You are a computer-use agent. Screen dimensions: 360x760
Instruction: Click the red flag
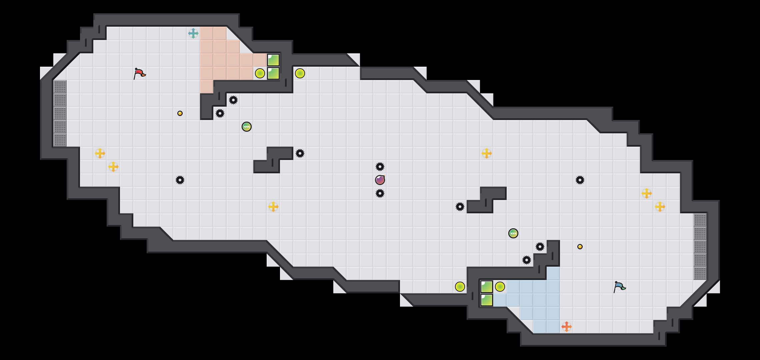139,73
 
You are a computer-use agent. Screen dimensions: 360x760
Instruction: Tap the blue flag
619,287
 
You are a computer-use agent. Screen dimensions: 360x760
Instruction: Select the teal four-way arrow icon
193,33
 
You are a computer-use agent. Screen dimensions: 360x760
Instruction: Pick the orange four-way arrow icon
567,327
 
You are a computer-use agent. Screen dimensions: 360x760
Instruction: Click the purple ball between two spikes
380,180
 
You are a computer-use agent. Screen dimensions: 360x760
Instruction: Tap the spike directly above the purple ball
380,167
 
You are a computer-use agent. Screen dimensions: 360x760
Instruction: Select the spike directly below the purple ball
380,193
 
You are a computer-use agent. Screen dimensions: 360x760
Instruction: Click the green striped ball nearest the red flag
247,127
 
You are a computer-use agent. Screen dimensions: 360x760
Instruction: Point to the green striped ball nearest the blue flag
513,233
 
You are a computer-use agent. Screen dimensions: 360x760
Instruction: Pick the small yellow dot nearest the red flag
180,113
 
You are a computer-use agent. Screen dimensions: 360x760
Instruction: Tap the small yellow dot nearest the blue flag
580,247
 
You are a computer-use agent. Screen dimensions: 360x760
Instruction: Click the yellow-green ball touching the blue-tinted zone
500,287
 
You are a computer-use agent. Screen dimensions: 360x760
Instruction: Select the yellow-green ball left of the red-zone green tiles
260,73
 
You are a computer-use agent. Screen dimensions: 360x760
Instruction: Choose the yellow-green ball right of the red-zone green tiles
300,73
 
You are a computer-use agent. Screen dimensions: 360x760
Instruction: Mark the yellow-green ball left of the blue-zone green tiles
460,287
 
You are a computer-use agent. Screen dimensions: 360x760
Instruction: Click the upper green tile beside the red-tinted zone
273,60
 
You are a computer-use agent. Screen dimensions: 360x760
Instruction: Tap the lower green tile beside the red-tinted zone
273,73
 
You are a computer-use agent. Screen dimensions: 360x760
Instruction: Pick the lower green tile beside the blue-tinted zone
487,300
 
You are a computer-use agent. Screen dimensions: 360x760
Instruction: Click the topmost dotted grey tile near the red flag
60,87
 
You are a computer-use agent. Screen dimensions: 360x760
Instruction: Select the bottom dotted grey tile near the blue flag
700,273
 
